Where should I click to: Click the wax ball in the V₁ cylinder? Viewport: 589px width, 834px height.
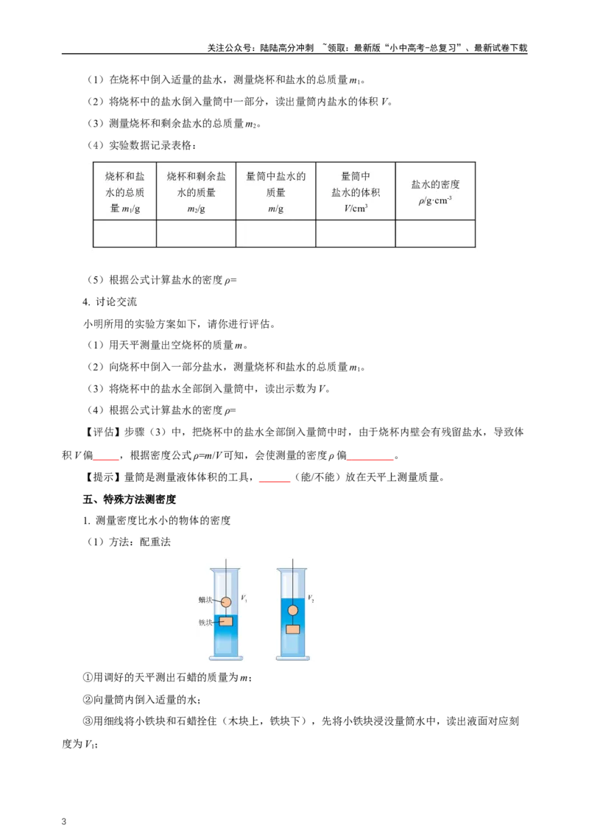226,602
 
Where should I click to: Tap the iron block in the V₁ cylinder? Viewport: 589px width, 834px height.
226,621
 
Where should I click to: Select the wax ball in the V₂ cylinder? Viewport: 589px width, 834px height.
293,611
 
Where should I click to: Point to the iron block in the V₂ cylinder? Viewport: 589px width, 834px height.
293,630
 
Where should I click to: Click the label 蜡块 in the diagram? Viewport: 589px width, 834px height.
205,600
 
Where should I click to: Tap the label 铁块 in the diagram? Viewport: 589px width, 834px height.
205,623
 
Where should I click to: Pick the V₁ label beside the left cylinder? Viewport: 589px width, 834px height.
244,598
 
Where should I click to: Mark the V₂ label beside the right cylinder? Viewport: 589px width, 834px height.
311,598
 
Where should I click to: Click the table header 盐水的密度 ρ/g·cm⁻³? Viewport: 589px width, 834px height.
435,192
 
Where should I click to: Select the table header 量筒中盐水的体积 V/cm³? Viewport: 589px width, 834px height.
356,192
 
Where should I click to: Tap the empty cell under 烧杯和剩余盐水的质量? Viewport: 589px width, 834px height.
196,234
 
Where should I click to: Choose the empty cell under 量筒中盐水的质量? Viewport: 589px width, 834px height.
276,234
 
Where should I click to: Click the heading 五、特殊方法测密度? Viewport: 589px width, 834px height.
129,499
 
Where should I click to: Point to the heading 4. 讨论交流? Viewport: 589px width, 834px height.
110,301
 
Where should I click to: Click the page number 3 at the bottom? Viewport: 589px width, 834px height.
64,821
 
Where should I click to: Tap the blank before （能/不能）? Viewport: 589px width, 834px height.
275,477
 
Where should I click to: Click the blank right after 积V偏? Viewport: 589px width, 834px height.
106,456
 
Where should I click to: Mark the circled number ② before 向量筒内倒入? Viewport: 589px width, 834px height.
88,699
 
